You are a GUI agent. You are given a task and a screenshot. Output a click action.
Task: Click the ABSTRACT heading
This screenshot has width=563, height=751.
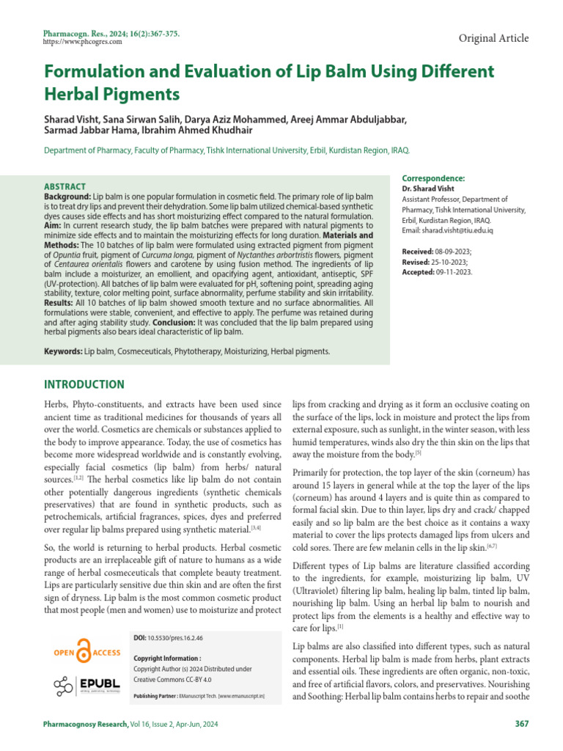(65, 187)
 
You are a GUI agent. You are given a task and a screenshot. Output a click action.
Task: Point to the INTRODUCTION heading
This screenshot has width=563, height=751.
(84, 384)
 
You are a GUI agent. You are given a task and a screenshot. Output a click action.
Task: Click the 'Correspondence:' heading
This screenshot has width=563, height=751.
(433, 178)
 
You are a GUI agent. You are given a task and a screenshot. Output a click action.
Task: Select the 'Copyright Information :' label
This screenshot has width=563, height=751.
(167, 659)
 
